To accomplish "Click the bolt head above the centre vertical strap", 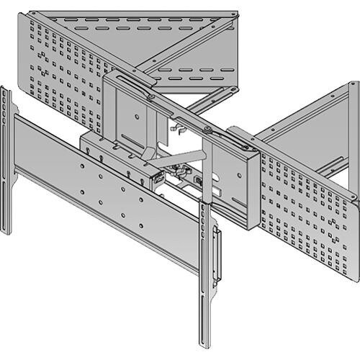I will pos(207,130).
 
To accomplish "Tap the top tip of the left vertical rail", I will pos(4,91).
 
